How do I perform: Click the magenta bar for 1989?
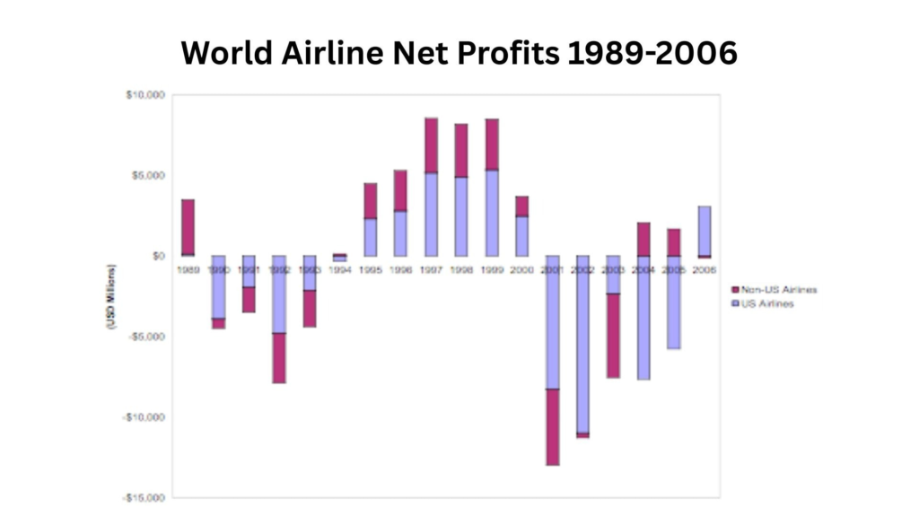pos(188,227)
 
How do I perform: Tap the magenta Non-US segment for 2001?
pos(552,426)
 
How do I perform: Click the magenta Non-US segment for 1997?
pos(431,145)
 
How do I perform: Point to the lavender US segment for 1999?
pos(492,213)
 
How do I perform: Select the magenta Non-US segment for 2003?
pos(613,335)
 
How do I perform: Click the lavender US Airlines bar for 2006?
pos(705,231)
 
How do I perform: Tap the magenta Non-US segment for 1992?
pos(279,357)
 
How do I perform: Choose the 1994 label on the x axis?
pos(339,268)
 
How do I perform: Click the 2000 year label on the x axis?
pos(521,268)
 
